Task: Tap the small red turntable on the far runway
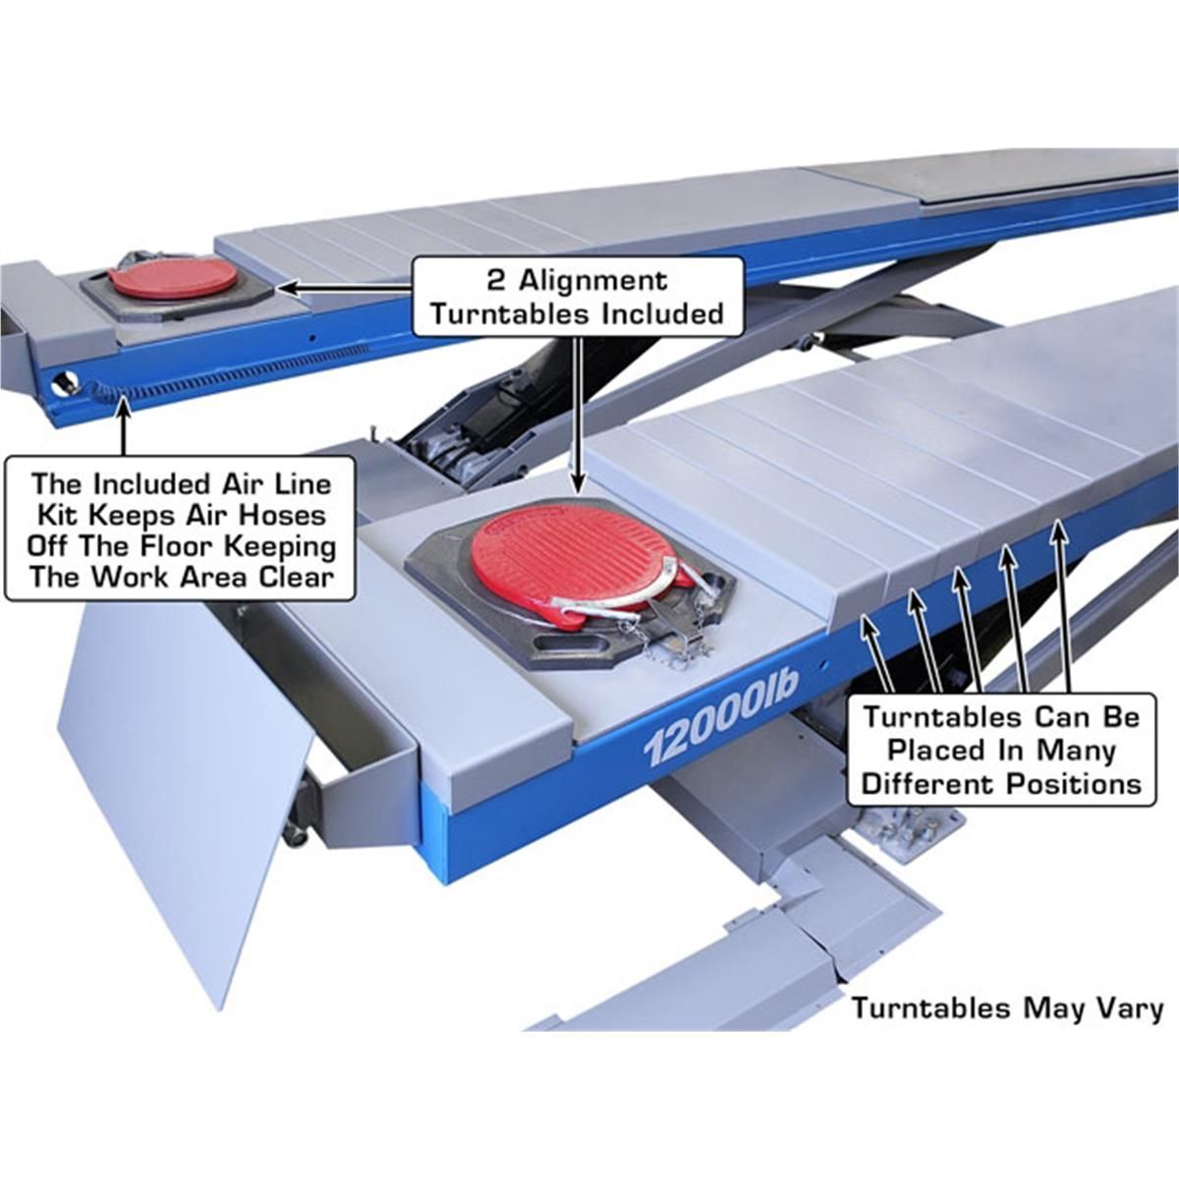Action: [172, 278]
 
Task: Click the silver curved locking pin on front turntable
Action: [629, 594]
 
